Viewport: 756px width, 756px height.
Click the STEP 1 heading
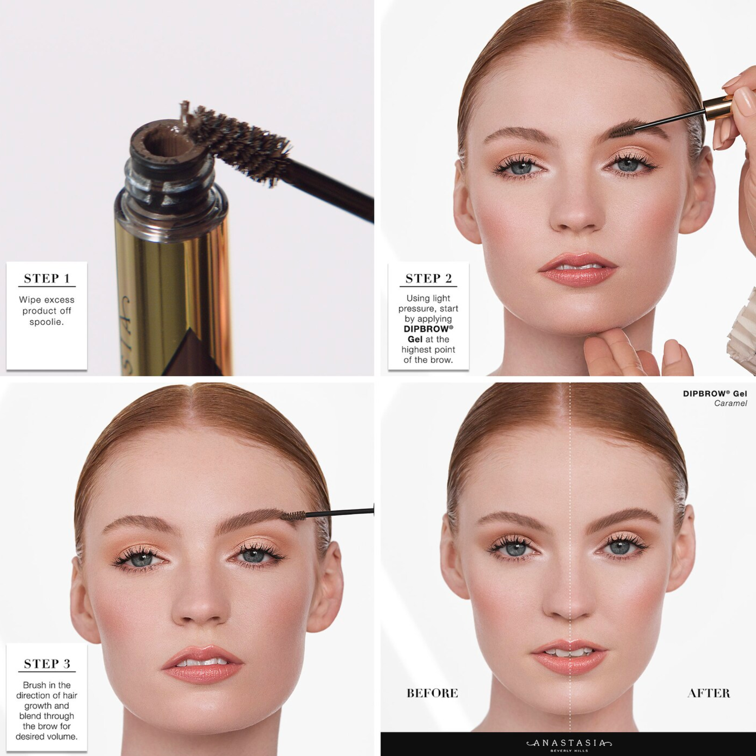tap(47, 278)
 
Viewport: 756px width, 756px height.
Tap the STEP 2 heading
tap(429, 278)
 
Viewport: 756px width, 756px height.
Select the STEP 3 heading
tap(47, 664)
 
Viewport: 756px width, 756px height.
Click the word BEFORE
tap(432, 693)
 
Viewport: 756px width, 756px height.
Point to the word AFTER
tap(709, 693)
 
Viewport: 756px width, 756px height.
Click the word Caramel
tap(731, 403)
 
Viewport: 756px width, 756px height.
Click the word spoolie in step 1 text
tap(46, 322)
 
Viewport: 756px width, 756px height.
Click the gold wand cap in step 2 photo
tap(719, 108)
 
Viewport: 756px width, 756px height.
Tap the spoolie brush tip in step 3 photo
tap(293, 516)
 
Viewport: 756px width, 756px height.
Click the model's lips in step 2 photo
tap(578, 269)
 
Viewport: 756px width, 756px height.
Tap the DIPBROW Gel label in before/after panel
tap(715, 393)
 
